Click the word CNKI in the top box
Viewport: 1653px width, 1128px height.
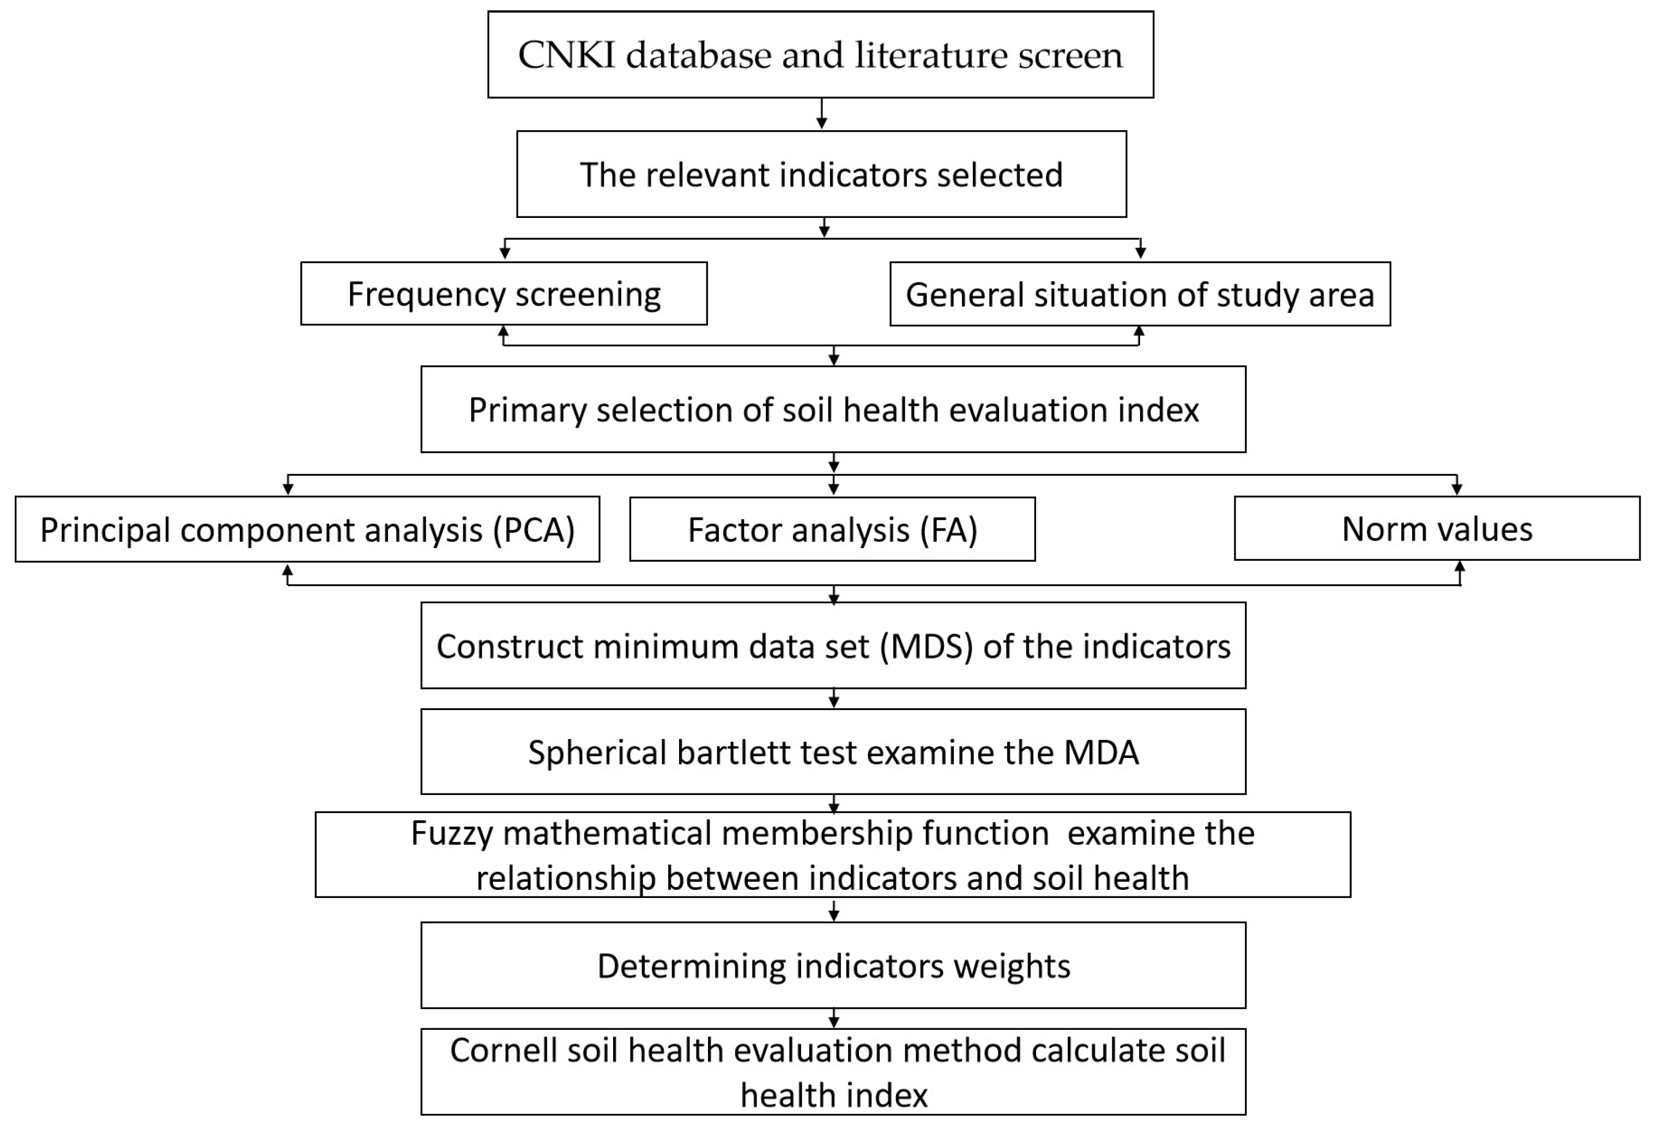click(566, 56)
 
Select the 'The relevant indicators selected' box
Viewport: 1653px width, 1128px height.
click(821, 174)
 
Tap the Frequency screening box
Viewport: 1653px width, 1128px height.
click(504, 294)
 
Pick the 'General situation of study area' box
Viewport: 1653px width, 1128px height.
click(1140, 294)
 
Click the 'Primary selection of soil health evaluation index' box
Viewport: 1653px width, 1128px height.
click(833, 410)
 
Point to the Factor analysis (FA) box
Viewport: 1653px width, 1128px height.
click(832, 530)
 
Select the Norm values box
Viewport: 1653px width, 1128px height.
click(1437, 529)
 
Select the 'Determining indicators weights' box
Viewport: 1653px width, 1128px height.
click(833, 966)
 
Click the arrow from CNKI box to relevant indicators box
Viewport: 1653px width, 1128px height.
click(821, 114)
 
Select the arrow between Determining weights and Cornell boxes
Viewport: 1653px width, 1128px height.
click(834, 1018)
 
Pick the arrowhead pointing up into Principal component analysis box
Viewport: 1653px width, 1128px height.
click(287, 571)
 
